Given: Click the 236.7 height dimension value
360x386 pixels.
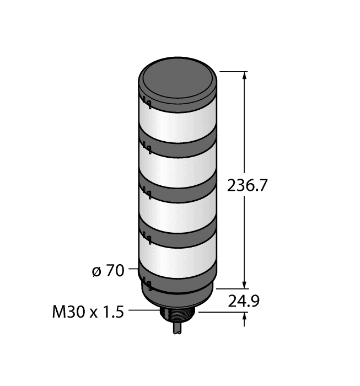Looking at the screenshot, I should pyautogui.click(x=247, y=186).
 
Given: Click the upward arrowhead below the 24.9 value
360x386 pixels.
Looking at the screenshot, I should pyautogui.click(x=245, y=317).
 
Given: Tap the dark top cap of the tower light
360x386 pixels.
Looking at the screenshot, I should pyautogui.click(x=177, y=80).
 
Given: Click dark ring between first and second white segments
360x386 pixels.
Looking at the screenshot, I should pyautogui.click(x=178, y=144).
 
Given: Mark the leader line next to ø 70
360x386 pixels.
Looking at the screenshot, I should pyautogui.click(x=134, y=270).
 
